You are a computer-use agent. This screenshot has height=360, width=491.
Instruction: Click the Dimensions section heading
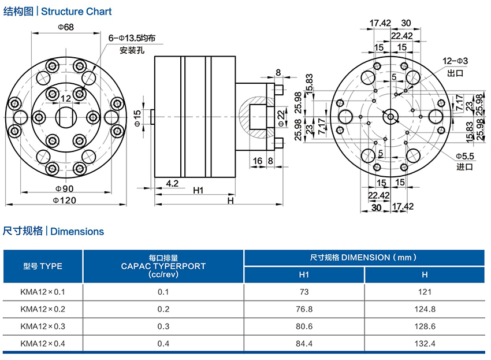[77, 232]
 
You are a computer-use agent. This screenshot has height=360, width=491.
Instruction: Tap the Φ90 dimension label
[66, 189]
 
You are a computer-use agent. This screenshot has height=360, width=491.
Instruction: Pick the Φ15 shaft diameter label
[137, 118]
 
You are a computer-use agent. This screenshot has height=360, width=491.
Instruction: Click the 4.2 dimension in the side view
[172, 183]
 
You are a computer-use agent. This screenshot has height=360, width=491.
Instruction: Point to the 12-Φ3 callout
[455, 61]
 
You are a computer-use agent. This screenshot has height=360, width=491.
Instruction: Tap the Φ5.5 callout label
[465, 157]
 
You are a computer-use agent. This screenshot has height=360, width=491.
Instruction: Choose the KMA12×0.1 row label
[43, 292]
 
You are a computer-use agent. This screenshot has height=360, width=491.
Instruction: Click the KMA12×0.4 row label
[43, 343]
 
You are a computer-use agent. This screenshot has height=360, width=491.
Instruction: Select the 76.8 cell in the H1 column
[304, 309]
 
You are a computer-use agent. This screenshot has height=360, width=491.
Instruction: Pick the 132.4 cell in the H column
[425, 343]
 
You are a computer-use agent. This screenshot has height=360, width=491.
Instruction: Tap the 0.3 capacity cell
[163, 326]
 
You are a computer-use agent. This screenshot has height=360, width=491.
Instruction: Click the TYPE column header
[43, 266]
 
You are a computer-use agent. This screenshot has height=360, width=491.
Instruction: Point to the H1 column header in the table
[304, 274]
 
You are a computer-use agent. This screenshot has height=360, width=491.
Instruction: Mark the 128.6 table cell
[425, 326]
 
